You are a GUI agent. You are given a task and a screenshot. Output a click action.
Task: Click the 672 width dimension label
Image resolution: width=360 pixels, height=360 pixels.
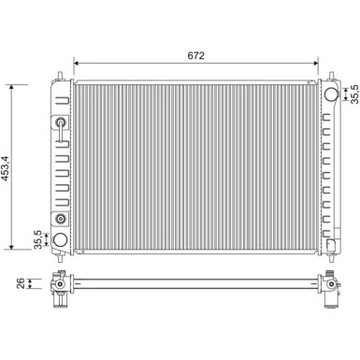tap(196, 55)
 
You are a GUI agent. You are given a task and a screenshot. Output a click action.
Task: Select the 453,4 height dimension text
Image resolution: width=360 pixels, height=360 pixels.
tap(6, 168)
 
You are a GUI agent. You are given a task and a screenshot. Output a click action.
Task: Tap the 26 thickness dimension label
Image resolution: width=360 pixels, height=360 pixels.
tap(21, 283)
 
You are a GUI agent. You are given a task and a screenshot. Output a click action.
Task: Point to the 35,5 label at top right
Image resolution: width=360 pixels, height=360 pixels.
tap(354, 94)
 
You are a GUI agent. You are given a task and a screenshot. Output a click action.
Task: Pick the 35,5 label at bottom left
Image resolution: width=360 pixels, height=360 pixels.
tap(37, 239)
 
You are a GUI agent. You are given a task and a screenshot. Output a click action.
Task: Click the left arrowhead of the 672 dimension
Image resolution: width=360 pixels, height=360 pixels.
tap(77, 64)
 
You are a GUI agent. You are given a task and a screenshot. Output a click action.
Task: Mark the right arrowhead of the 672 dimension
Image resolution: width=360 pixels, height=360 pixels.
tap(315, 64)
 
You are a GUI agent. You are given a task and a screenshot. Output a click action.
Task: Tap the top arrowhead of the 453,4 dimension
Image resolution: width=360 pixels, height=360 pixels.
tap(11, 88)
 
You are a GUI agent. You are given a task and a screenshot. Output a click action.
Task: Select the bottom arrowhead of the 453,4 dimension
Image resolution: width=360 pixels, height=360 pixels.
tap(11, 246)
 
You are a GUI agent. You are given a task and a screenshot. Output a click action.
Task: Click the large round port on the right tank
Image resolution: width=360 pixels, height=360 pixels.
tap(331, 94)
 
